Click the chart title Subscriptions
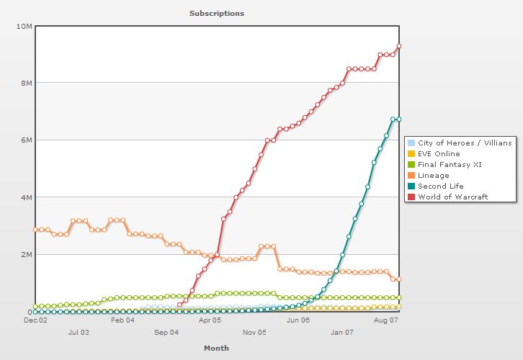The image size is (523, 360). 216,13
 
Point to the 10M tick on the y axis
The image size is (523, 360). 24,26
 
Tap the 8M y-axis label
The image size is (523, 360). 26,83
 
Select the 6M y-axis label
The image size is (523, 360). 26,140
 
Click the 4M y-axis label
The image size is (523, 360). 26,197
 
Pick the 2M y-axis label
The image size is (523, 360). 26,254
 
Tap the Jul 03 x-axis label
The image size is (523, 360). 79,333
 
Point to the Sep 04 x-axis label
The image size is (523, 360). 166,333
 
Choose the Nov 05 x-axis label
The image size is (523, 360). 254,333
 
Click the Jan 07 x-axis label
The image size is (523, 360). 342,333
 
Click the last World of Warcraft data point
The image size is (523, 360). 399,46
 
